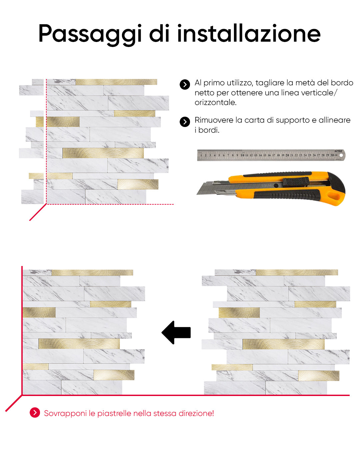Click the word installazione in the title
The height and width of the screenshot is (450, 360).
coord(249,33)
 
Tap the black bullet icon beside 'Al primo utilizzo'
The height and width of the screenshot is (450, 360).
coord(185,84)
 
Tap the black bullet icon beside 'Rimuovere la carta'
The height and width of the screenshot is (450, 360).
coord(185,122)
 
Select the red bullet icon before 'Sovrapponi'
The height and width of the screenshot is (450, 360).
coord(35,413)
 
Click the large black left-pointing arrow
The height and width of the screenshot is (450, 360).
coord(176,332)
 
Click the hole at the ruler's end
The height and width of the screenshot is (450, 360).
coord(341,155)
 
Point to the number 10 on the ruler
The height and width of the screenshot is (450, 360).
coord(242,155)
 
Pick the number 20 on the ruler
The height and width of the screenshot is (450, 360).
coord(287,155)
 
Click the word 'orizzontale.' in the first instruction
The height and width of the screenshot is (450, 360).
coord(215,102)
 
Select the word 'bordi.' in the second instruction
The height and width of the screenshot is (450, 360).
coord(209,130)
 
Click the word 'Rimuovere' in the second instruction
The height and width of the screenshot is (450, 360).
coord(214,120)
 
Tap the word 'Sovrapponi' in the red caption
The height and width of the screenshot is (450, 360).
coord(65,414)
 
